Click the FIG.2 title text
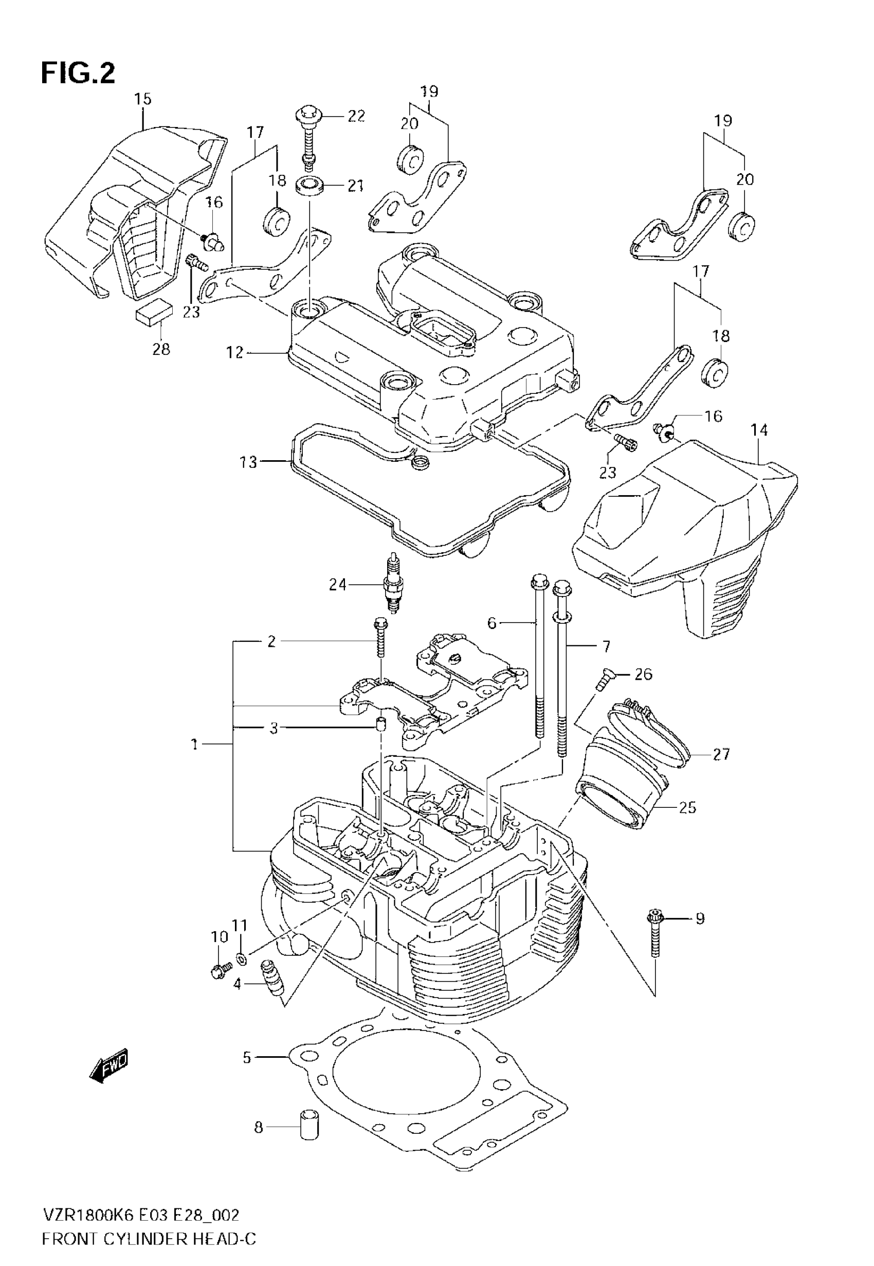click(78, 73)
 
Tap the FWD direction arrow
click(108, 1064)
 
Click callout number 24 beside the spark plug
click(337, 585)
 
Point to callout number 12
click(234, 353)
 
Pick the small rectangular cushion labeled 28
click(154, 316)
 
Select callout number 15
click(142, 99)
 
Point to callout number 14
click(759, 430)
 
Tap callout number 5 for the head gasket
click(247, 1057)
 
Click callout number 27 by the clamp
click(721, 754)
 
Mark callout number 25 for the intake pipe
click(687, 807)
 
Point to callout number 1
click(194, 744)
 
